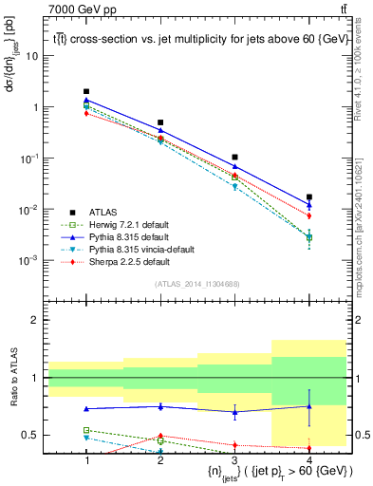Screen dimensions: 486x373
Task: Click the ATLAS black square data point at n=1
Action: (x=86, y=92)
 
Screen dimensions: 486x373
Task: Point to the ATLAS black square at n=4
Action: (x=309, y=197)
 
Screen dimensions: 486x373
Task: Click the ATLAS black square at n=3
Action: (x=235, y=158)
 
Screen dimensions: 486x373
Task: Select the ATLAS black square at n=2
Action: (x=160, y=122)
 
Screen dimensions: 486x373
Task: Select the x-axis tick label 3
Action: (x=235, y=458)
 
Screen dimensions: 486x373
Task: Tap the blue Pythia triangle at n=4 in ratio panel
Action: (x=309, y=406)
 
